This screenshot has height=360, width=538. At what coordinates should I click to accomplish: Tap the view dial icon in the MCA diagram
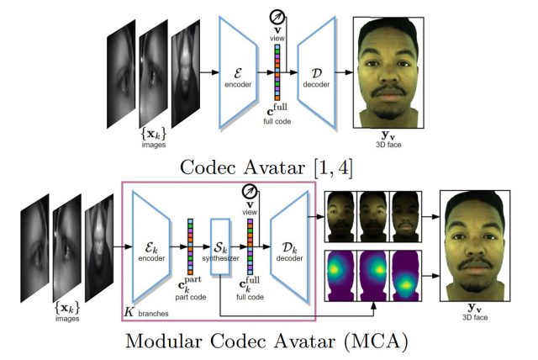point(249,190)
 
